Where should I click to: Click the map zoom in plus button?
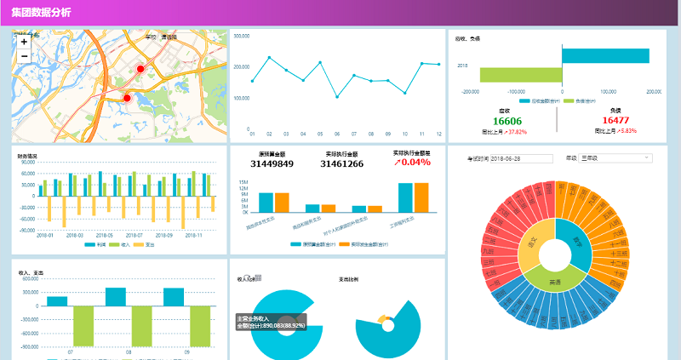coord(24,41)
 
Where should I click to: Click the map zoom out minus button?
coord(24,55)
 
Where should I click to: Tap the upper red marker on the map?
coord(141,68)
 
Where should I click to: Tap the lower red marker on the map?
coord(128,98)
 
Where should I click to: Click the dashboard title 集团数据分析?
coord(42,13)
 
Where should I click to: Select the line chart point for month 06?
coord(337,97)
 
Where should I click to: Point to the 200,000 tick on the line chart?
coord(241,67)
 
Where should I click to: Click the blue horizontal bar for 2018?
coord(605,55)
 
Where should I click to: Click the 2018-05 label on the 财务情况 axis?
coord(104,235)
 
